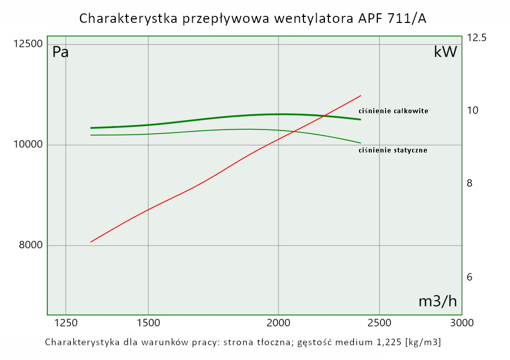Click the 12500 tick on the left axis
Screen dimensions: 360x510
coord(28,44)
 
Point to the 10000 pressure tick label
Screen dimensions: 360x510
coord(28,145)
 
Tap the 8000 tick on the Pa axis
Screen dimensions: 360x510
coord(30,245)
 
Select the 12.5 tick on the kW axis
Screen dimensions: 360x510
coord(476,38)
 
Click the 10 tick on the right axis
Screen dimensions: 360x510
coord(472,110)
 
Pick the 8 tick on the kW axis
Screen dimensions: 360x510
coord(470,183)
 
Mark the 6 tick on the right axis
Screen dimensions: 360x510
coord(470,277)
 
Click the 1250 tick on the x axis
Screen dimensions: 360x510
coord(66,322)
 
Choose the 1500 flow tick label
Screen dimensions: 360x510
coord(148,322)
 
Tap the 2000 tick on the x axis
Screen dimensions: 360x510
coord(278,322)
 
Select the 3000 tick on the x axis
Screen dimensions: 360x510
coord(462,322)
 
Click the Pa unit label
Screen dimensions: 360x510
coord(61,52)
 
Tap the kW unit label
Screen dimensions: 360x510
coord(445,52)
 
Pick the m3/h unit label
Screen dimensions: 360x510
coord(438,301)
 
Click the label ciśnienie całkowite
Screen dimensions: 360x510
coord(393,111)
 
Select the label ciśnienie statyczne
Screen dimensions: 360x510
coord(393,150)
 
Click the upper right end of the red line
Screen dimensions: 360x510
coord(361,95)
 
